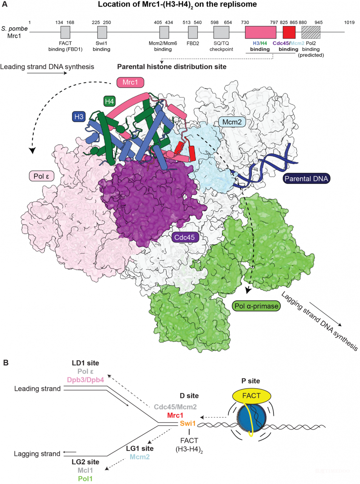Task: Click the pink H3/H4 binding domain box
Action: click(260, 32)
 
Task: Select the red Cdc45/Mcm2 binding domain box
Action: click(289, 32)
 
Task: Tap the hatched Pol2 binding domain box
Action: click(311, 32)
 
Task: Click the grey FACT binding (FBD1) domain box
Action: click(65, 32)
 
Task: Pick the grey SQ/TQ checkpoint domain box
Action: click(221, 32)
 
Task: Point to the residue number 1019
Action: click(349, 22)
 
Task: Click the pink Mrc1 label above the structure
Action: click(130, 82)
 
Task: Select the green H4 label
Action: click(109, 101)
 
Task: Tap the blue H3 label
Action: click(79, 116)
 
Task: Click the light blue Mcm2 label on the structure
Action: click(232, 122)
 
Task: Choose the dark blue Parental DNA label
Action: click(306, 178)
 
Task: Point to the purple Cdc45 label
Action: click(184, 237)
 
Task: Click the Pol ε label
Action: click(42, 176)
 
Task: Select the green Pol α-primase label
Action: click(256, 306)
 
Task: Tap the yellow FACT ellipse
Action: click(252, 396)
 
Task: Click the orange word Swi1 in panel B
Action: click(188, 423)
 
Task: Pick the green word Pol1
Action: click(85, 479)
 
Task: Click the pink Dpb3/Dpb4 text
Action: click(85, 380)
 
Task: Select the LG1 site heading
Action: click(140, 448)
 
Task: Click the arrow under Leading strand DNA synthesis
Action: click(47, 73)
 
